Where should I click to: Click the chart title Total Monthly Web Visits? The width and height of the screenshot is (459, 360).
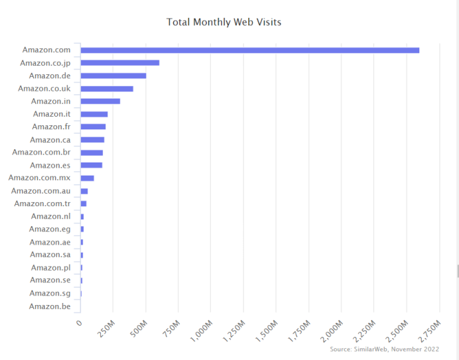click(x=224, y=23)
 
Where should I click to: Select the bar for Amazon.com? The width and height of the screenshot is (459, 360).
click(x=249, y=50)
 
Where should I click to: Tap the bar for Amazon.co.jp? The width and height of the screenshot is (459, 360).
click(x=119, y=63)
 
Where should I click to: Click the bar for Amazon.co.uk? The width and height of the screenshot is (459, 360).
click(x=106, y=88)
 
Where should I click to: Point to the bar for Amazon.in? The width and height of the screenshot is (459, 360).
click(x=100, y=101)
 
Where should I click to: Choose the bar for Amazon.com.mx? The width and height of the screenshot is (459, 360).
click(x=87, y=178)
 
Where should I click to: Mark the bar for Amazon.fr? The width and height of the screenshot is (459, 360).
click(x=93, y=127)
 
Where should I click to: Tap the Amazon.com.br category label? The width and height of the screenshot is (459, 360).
click(x=46, y=152)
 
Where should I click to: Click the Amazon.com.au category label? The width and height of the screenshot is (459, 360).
click(x=45, y=191)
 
